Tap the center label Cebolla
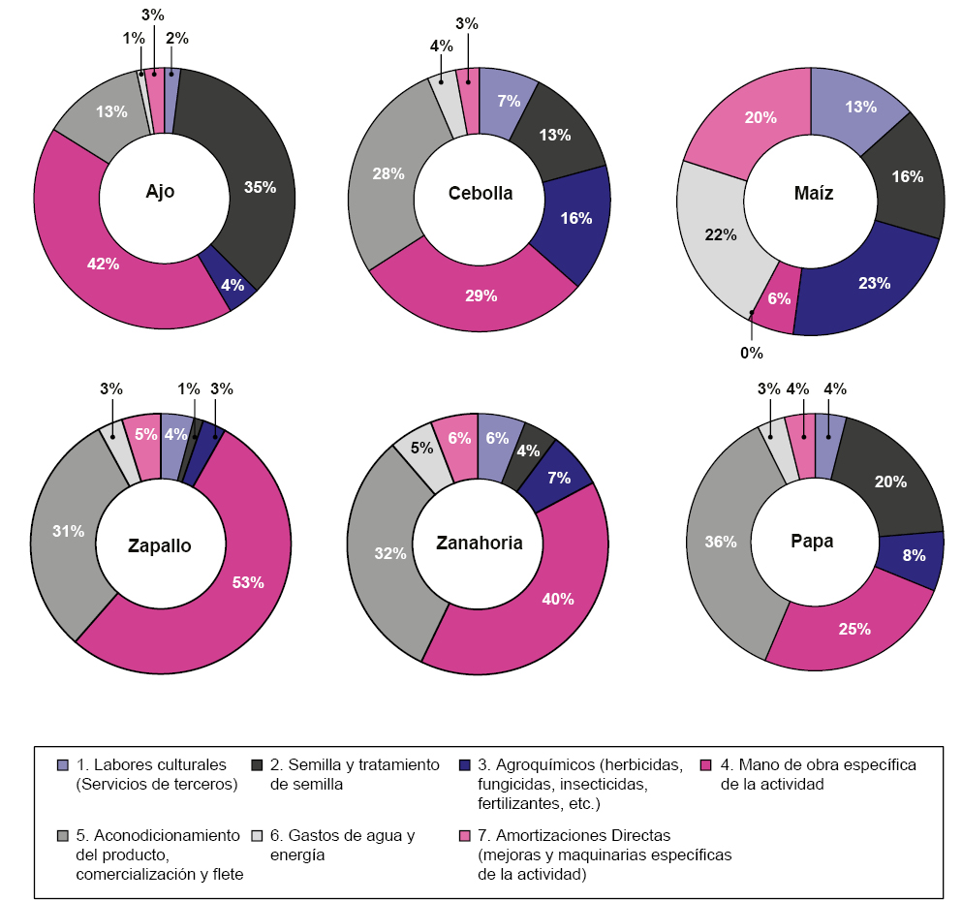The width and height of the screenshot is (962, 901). pyautogui.click(x=481, y=193)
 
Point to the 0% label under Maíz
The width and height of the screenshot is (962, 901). pyautogui.click(x=752, y=353)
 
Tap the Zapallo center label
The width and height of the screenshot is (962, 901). pyautogui.click(x=160, y=545)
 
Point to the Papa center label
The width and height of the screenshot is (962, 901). pyautogui.click(x=812, y=542)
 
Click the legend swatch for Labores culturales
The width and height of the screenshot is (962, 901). pyautogui.click(x=63, y=764)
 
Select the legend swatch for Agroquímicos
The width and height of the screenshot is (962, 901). pyautogui.click(x=466, y=764)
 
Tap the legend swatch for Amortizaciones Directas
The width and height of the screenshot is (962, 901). pyautogui.click(x=466, y=835)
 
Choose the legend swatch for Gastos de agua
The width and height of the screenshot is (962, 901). pyautogui.click(x=257, y=835)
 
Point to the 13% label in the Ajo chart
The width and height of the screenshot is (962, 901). pyautogui.click(x=111, y=111)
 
